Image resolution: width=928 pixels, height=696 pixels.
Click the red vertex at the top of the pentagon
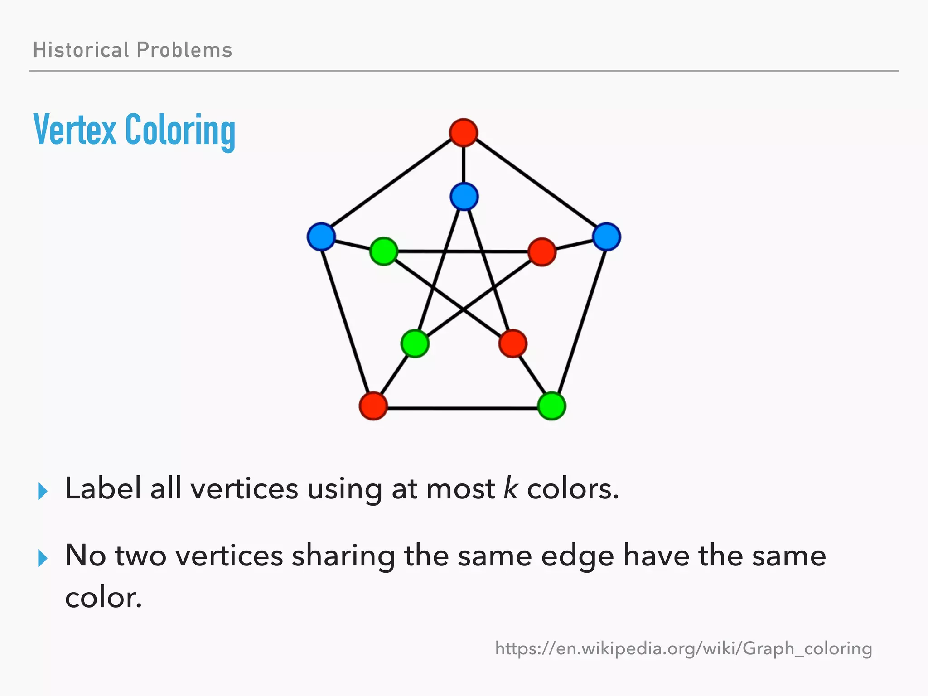(x=463, y=132)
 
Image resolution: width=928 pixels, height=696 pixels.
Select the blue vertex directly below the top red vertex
(x=464, y=197)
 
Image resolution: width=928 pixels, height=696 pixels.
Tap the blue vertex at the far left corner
(x=321, y=237)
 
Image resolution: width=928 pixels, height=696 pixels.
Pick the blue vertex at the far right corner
(x=606, y=237)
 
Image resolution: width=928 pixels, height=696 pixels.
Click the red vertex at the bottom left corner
(x=373, y=406)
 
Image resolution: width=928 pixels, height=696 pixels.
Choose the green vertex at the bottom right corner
(x=551, y=406)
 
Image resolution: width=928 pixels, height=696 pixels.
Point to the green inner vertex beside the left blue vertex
(x=384, y=251)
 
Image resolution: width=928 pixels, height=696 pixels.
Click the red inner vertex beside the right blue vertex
(x=542, y=251)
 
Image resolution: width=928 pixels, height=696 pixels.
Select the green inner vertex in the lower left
(x=415, y=343)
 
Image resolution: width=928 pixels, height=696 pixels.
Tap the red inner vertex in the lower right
(x=512, y=343)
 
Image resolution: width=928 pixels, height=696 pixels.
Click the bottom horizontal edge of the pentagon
(x=462, y=408)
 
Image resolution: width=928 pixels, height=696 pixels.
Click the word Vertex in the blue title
(x=75, y=130)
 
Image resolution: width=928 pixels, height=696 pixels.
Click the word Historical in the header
(x=81, y=50)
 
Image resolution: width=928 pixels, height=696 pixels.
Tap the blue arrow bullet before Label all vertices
(x=43, y=491)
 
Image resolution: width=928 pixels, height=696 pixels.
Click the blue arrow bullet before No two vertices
(x=43, y=558)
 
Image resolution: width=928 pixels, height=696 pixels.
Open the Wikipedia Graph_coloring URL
(x=683, y=648)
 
